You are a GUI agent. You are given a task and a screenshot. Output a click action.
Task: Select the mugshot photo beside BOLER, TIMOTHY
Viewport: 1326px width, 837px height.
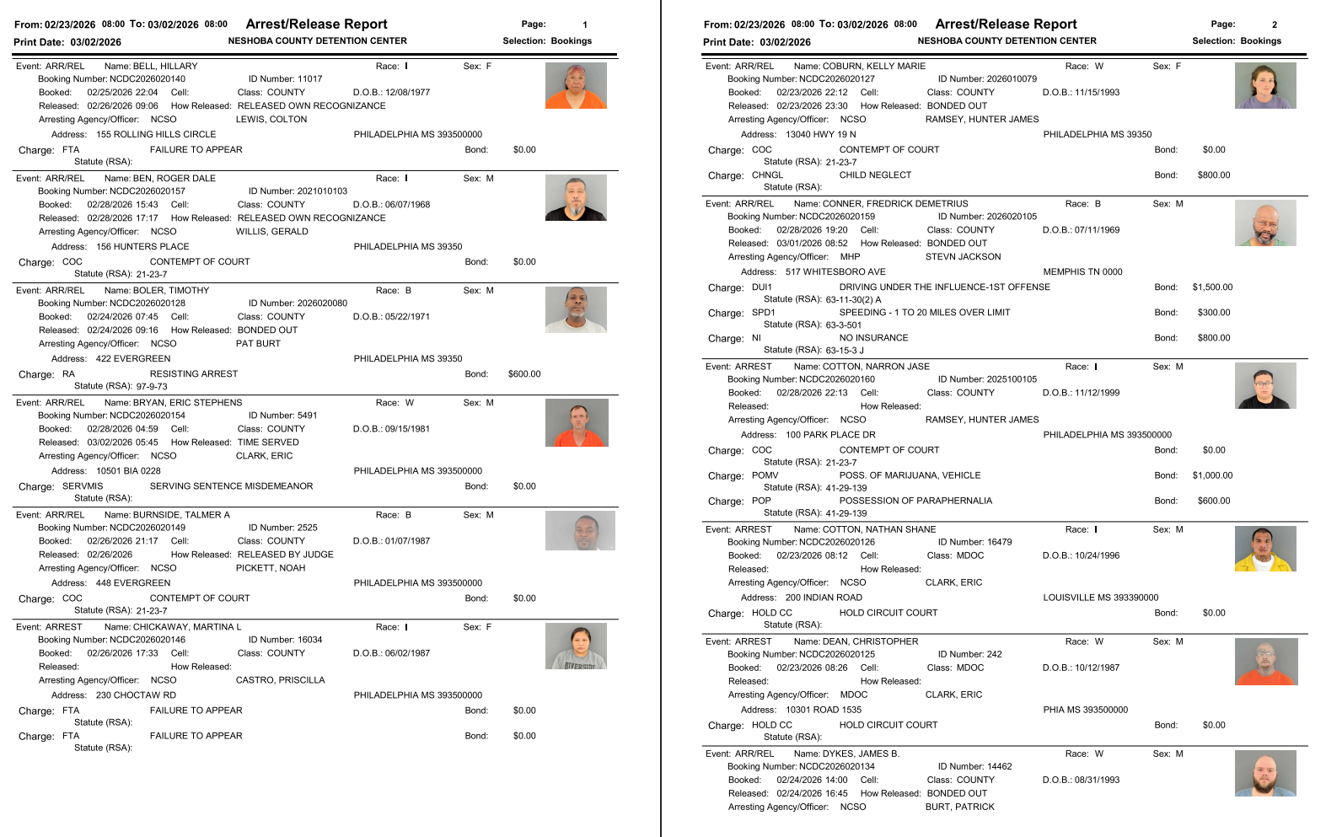tap(576, 309)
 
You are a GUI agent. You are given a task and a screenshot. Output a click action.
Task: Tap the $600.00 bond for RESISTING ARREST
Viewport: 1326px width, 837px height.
tap(524, 374)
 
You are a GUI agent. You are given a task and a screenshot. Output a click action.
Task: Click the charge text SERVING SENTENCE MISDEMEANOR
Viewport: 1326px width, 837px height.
tap(231, 486)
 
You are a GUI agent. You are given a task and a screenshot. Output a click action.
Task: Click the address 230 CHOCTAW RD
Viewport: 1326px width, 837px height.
tap(136, 695)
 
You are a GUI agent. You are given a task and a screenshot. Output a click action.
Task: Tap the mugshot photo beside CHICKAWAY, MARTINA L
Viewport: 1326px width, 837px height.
tap(576, 646)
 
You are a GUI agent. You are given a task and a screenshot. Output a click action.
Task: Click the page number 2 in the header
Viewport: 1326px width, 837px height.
tap(1274, 24)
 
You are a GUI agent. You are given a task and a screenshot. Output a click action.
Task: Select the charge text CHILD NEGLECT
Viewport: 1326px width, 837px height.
tap(875, 175)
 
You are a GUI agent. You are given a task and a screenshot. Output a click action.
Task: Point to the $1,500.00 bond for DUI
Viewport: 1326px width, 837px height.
tap(1212, 287)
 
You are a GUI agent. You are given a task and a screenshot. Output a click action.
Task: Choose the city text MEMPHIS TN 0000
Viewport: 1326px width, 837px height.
tap(1082, 272)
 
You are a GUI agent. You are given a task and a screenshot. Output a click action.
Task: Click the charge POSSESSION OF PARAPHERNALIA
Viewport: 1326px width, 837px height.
tap(915, 501)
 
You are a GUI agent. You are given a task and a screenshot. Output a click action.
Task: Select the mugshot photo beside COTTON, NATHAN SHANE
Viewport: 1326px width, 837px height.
tap(1265, 549)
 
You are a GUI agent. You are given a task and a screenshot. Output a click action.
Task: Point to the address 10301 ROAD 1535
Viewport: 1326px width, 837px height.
tap(824, 710)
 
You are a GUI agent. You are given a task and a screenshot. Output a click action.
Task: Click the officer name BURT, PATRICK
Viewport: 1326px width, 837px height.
tap(959, 807)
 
